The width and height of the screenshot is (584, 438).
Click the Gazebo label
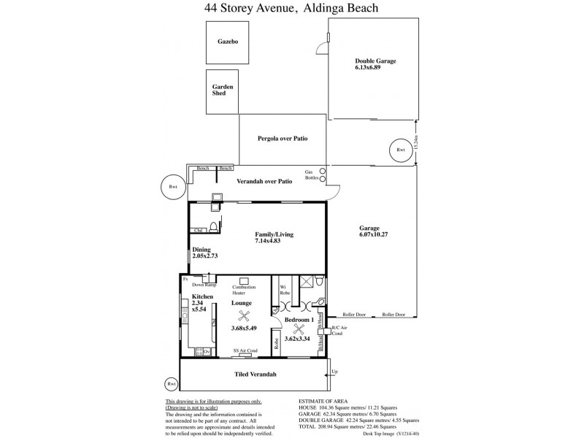coord(228,42)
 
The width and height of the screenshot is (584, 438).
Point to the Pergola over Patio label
coord(281,138)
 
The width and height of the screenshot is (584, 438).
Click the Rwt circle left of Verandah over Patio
coord(173,187)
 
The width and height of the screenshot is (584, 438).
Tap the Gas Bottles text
coord(310,174)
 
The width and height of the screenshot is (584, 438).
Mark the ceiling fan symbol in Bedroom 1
coord(299,329)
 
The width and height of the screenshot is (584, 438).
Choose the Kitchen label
coord(202,297)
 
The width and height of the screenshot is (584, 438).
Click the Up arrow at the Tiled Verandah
coord(335,372)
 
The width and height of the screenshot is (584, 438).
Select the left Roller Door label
coord(353,315)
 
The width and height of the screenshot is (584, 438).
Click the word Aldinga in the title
coord(320,9)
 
